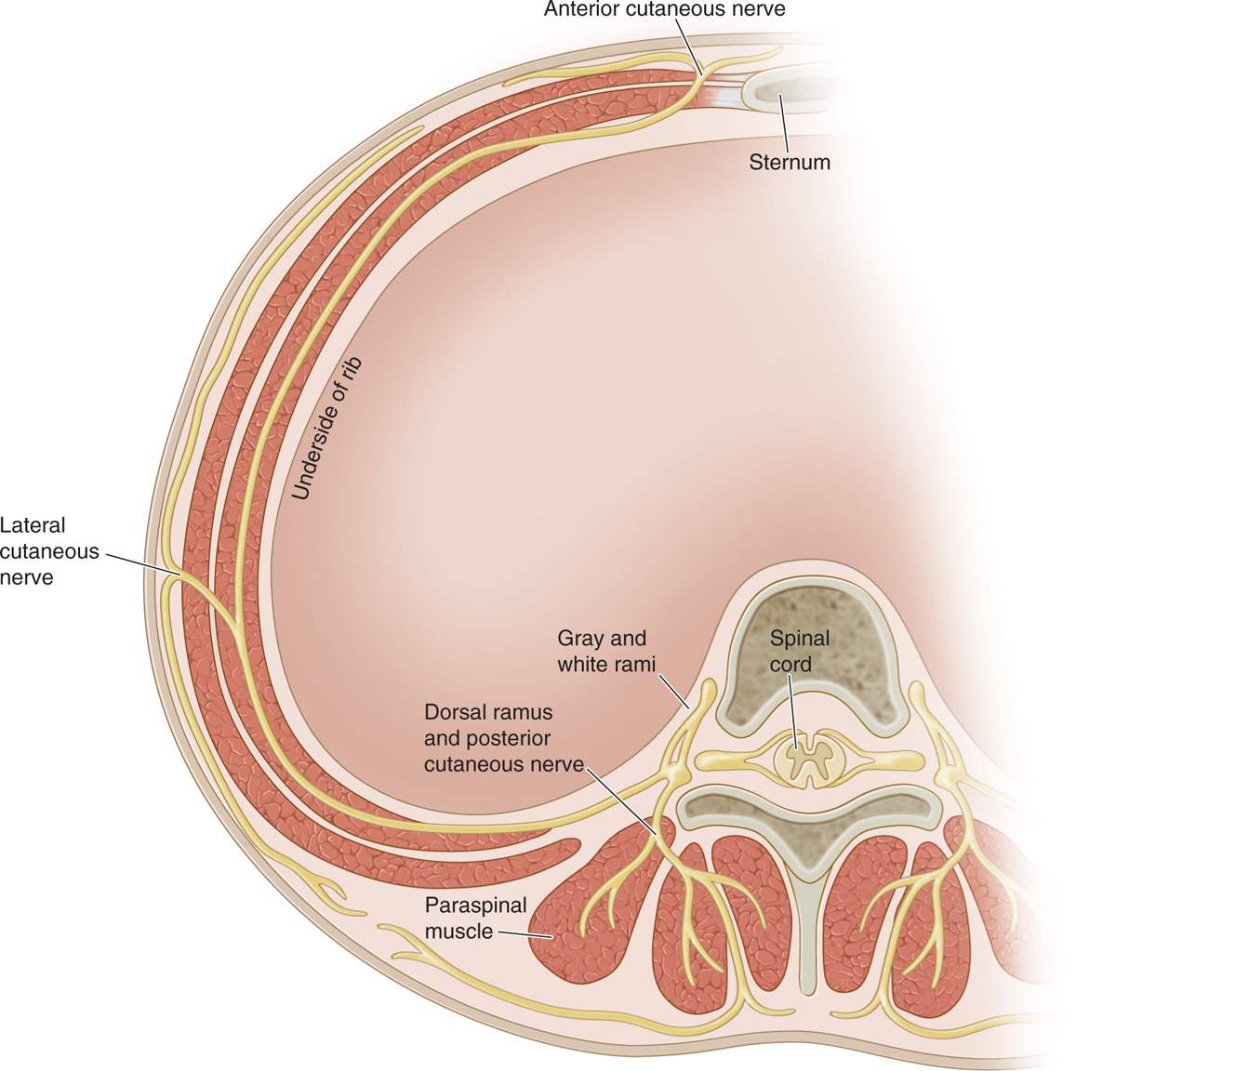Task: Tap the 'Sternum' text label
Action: (789, 163)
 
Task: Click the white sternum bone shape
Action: (791, 90)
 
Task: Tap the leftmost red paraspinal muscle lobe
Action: (567, 930)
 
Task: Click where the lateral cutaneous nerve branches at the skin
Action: (174, 581)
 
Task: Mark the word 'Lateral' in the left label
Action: (33, 525)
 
